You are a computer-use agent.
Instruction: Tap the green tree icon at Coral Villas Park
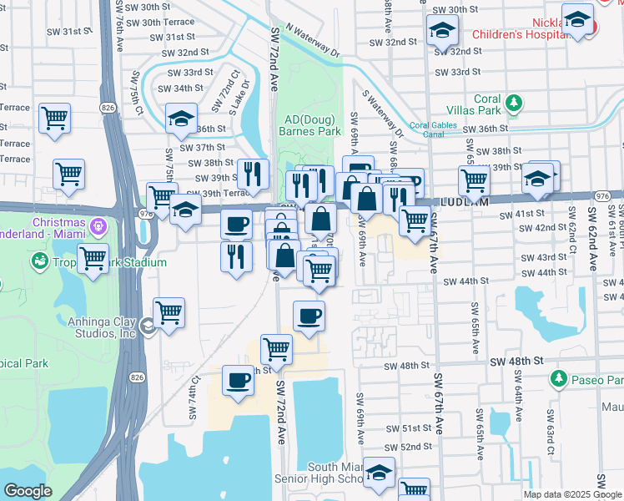pyautogui.click(x=515, y=104)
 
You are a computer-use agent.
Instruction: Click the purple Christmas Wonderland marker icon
pyautogui.click(x=99, y=225)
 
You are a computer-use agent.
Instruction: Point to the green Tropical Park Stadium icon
pyautogui.click(x=38, y=262)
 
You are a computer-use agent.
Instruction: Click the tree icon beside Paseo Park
pyautogui.click(x=558, y=379)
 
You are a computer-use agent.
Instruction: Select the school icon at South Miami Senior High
pyautogui.click(x=380, y=473)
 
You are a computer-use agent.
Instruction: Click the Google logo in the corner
pyautogui.click(x=28, y=490)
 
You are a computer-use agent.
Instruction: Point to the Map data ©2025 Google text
pyautogui.click(x=572, y=494)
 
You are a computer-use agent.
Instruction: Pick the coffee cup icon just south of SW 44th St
pyautogui.click(x=309, y=316)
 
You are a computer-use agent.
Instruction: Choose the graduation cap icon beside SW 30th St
pyautogui.click(x=440, y=30)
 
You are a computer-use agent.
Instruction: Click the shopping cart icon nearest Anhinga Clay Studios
pyautogui.click(x=169, y=312)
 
